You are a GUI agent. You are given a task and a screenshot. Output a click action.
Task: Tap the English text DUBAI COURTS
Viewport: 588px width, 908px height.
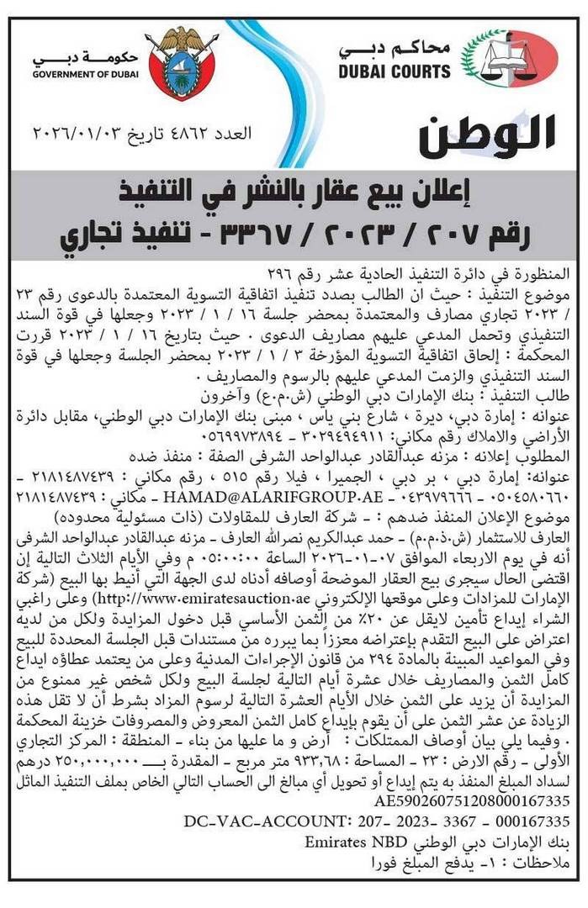395,72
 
